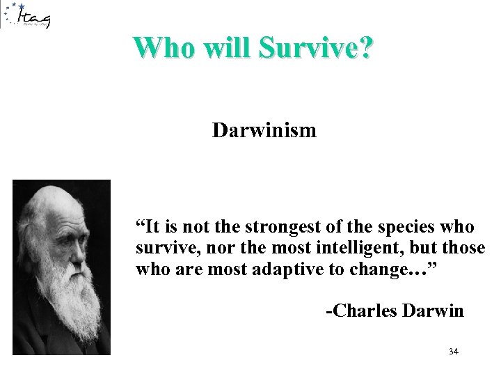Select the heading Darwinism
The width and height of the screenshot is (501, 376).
pos(264,130)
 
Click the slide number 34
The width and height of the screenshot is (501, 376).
pos(454,352)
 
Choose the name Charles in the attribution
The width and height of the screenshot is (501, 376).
pos(365,311)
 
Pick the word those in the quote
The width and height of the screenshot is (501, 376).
pos(463,248)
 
